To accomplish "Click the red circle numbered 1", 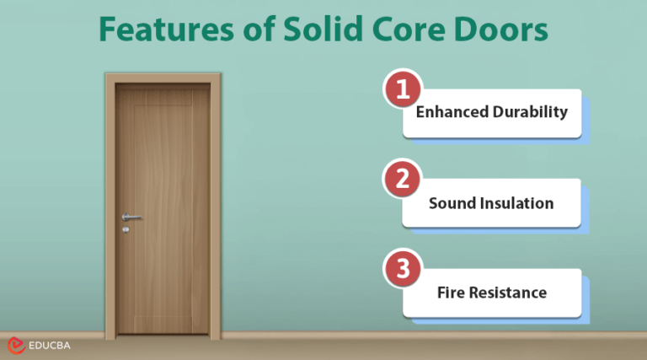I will (402, 89).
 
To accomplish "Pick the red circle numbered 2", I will (402, 179).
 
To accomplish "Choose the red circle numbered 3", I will (402, 269).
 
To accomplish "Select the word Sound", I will (452, 203).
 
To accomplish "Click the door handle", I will (130, 217).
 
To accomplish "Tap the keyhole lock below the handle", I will (126, 229).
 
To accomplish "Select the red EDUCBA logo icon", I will (15, 346).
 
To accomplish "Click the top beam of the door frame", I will (163, 78).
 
